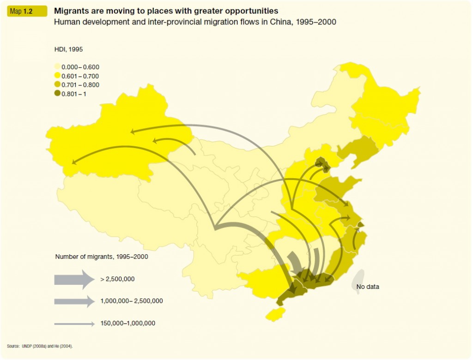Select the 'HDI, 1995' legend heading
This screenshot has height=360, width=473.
click(x=68, y=49)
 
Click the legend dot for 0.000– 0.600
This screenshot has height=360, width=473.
click(x=57, y=67)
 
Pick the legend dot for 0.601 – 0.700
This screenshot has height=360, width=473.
click(x=57, y=76)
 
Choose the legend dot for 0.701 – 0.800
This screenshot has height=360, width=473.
click(x=57, y=85)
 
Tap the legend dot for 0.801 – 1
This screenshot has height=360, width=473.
click(x=57, y=94)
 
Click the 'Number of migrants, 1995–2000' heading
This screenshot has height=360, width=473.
click(x=101, y=257)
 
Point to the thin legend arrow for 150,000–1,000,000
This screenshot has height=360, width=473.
click(x=74, y=324)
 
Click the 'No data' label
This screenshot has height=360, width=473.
click(x=368, y=287)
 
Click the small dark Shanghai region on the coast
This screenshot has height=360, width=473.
click(x=361, y=225)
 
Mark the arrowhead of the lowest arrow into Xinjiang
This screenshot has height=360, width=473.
click(x=74, y=162)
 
